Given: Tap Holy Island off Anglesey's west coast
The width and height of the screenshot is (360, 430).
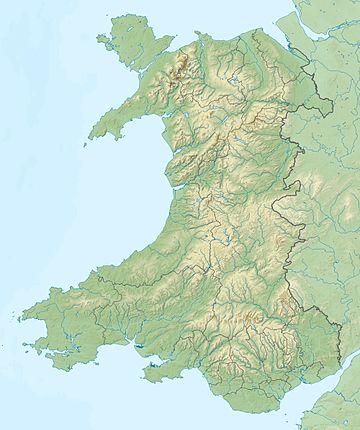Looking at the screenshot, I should [100, 43].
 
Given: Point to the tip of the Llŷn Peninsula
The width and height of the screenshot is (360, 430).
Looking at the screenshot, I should [92, 133].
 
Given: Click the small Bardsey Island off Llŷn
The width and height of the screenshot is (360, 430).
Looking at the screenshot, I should [86, 141].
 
